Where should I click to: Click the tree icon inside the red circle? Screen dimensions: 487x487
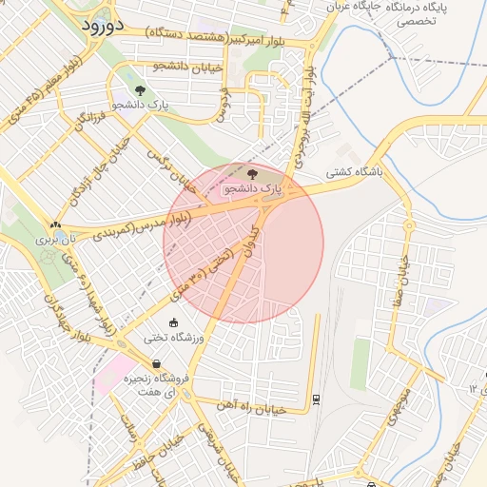[x=252, y=174]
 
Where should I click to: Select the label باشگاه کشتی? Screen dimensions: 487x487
[x=353, y=173]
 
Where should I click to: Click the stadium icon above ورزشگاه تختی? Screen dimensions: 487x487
[x=173, y=323]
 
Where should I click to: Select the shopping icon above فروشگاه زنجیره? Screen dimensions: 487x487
[x=156, y=363]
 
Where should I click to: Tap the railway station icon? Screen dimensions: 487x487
[x=315, y=399]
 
